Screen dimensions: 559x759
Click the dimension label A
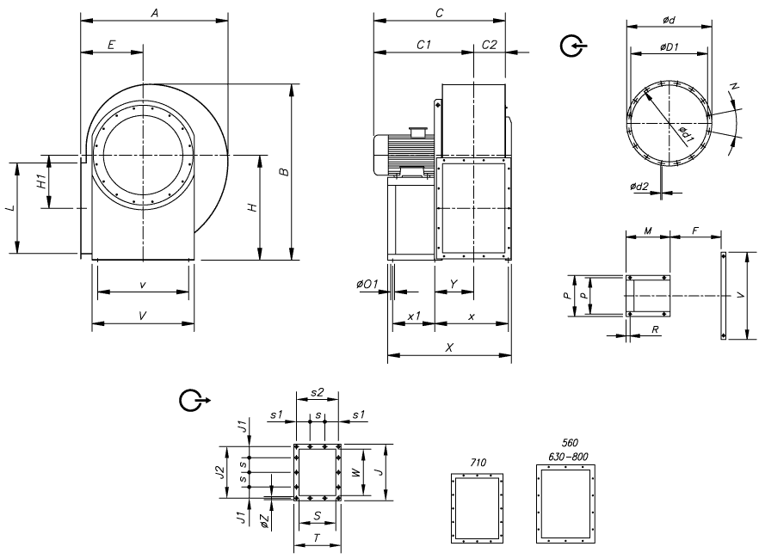click(154, 13)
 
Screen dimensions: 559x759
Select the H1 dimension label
click(40, 182)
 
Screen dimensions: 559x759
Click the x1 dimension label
click(414, 316)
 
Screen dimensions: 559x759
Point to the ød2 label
click(639, 186)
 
